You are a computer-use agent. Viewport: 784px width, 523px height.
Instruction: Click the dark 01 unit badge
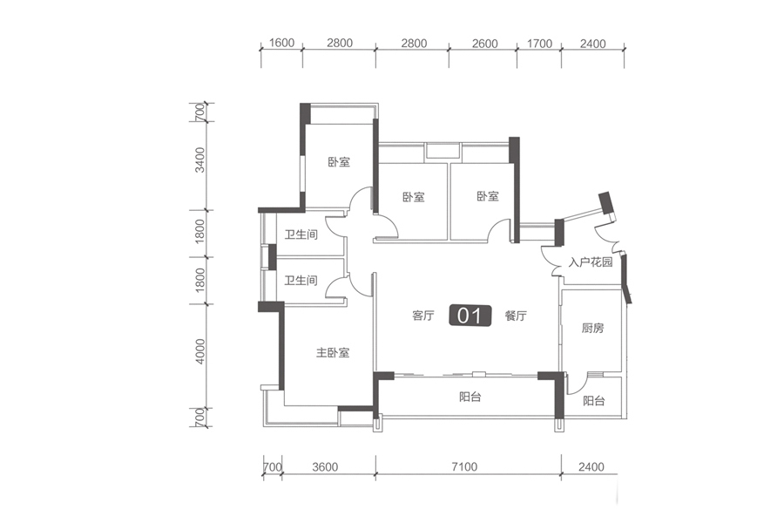pos(470,316)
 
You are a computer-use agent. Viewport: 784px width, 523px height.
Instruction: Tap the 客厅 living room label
pos(423,316)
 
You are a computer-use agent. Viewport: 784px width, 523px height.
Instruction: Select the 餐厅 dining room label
pos(516,316)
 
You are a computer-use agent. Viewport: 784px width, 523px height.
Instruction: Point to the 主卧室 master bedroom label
pos(333,353)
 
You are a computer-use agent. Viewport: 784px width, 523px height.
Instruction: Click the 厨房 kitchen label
pos(592,329)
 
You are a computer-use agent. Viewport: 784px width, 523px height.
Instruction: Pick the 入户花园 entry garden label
pos(591,261)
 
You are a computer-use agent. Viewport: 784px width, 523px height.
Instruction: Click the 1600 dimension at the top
pos(281,43)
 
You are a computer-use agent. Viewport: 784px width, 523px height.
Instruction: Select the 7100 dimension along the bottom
pos(464,467)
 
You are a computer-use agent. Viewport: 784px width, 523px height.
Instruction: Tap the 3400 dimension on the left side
pos(200,160)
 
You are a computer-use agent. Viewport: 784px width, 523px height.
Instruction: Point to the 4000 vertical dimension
pos(200,350)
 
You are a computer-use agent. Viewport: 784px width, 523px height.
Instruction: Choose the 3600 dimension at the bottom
pos(325,467)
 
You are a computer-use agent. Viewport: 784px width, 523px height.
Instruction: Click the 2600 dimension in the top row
pos(484,44)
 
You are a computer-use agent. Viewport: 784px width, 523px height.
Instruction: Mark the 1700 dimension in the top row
pos(539,44)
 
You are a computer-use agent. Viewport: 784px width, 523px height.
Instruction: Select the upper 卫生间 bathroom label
pos(301,234)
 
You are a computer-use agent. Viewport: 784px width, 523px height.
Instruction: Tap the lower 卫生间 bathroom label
pos(301,281)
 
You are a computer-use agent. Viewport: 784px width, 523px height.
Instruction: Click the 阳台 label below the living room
pos(470,397)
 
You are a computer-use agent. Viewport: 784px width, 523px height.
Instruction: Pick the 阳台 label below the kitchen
pos(594,401)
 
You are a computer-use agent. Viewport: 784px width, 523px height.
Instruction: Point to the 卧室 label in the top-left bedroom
pos(339,162)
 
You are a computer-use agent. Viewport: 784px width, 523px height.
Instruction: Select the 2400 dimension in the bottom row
pos(591,467)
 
